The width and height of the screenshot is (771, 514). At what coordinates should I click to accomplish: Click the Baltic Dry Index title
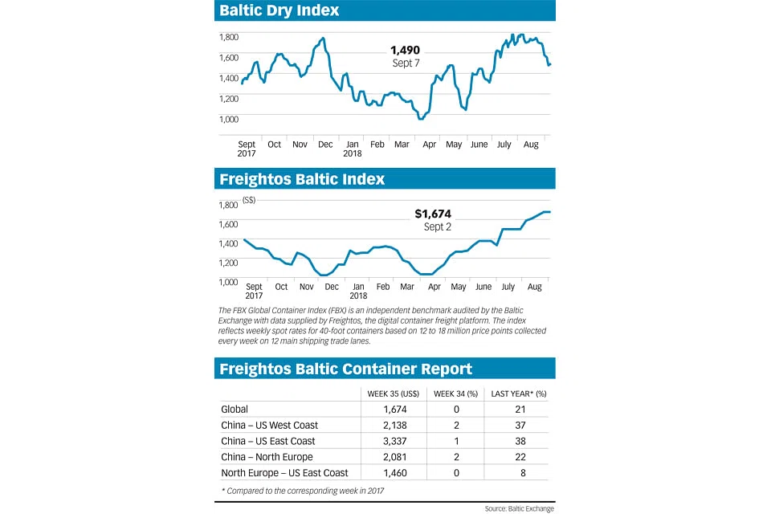coord(279,10)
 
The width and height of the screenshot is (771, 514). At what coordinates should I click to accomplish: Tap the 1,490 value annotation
coord(405,50)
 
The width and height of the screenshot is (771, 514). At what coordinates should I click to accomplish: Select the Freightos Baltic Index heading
coord(302,178)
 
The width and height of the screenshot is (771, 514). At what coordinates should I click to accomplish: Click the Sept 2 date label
coord(438,227)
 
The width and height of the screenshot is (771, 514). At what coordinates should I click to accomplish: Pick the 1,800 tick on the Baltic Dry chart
coord(230,37)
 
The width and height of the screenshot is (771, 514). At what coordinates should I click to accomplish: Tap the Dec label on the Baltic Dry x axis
coord(325,145)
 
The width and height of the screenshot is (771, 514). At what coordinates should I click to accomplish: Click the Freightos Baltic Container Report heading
coord(346,369)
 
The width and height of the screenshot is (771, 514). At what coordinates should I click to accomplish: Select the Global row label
coord(235,409)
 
